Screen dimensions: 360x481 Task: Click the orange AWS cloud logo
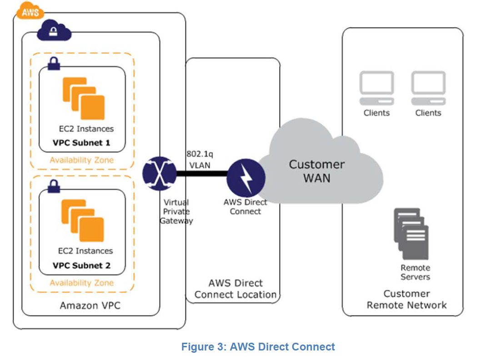tap(30, 10)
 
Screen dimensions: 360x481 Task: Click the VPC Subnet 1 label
tap(81, 143)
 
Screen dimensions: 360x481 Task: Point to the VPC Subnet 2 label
tap(81, 265)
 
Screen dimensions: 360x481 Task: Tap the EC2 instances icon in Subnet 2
tap(83, 221)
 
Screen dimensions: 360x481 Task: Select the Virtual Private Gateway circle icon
tap(159, 173)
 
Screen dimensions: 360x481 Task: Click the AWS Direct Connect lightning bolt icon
tap(246, 177)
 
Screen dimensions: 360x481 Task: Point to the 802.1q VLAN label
tap(198, 160)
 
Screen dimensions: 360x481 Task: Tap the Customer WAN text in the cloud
tap(317, 170)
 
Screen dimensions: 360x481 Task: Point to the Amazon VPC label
tap(90, 305)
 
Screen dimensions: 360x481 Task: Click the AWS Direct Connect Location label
tap(235, 289)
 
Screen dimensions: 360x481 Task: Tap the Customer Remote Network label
tap(406, 299)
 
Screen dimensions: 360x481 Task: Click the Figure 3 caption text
tap(258, 347)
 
